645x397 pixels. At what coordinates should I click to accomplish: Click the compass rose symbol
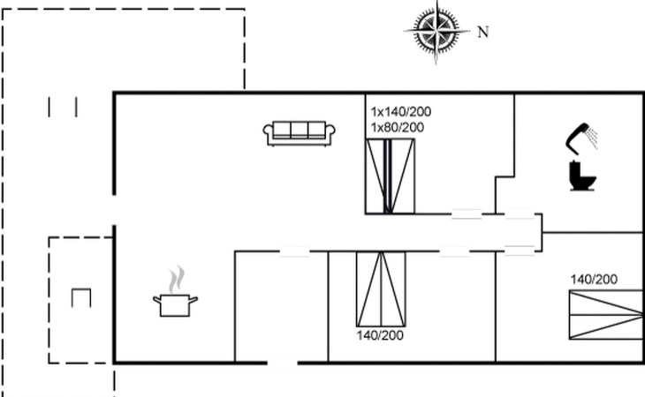click(436, 31)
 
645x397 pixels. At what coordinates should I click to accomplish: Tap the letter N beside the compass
click(483, 32)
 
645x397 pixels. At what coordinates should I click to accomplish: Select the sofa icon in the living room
click(299, 133)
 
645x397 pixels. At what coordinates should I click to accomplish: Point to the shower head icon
click(577, 139)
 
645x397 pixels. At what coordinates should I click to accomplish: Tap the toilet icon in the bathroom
click(582, 176)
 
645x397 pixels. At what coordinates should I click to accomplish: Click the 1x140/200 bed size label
click(401, 112)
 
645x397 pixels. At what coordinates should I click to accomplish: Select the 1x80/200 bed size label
click(398, 128)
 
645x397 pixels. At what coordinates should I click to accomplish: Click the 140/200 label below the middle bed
click(380, 335)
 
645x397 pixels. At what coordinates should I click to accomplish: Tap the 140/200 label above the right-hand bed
click(594, 280)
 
